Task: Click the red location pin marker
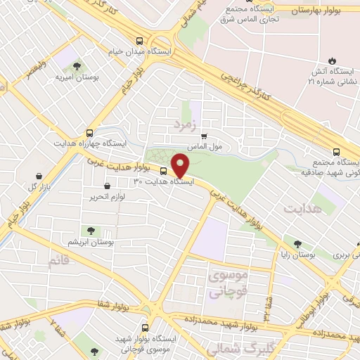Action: (x=180, y=166)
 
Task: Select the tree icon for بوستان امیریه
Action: (x=77, y=66)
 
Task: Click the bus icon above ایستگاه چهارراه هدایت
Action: (x=89, y=132)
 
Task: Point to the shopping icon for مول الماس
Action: (x=204, y=136)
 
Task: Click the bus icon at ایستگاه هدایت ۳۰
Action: (x=164, y=171)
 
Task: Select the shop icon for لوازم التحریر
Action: (x=107, y=186)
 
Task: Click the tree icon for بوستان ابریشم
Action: (x=91, y=230)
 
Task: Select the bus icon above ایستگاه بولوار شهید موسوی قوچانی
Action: (x=146, y=328)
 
